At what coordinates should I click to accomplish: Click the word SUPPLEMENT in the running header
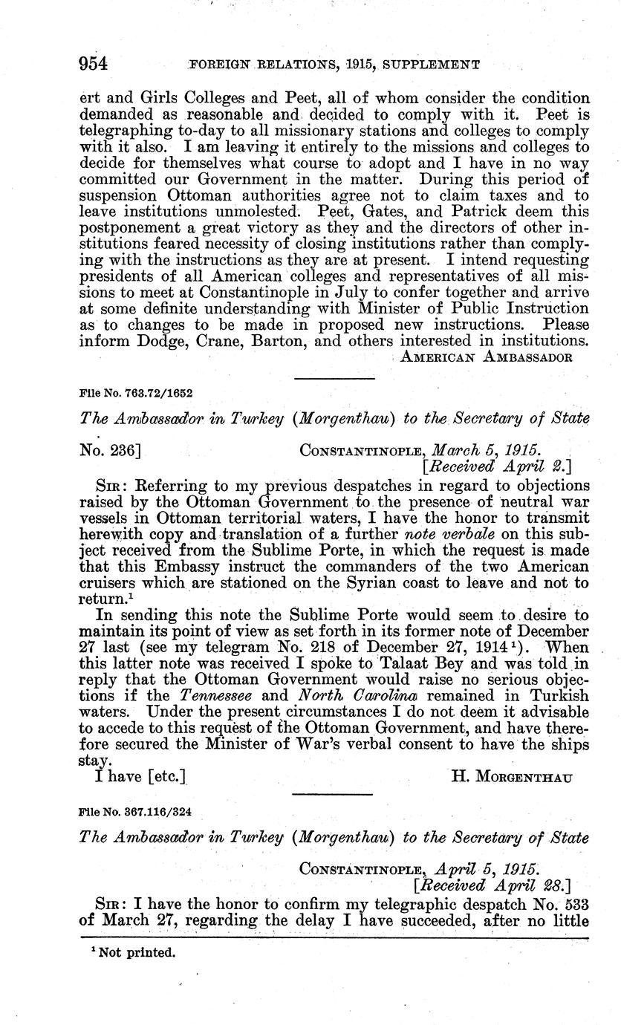click(435, 65)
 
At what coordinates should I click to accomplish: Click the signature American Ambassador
click(486, 357)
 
